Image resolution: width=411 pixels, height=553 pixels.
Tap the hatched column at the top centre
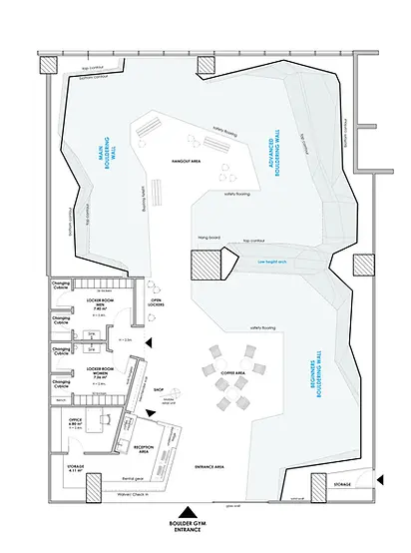(x=205, y=65)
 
